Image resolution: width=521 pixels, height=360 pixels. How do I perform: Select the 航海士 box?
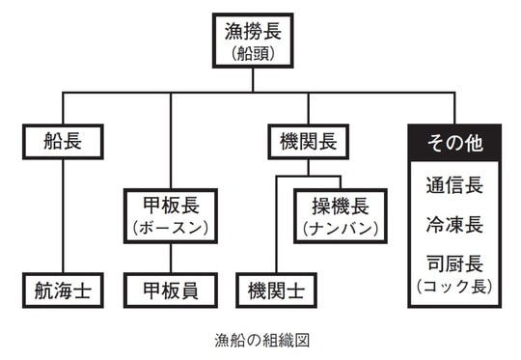click(63, 289)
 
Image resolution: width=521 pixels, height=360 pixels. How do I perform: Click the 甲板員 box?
click(170, 289)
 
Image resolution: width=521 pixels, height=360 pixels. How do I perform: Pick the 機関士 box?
click(276, 289)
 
